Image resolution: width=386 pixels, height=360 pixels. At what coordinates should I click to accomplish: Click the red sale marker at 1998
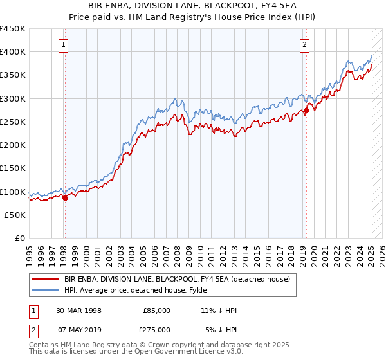[x=65, y=199]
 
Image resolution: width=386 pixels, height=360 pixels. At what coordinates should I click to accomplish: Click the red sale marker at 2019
[x=306, y=111]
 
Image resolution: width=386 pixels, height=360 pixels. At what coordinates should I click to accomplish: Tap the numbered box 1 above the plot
[x=64, y=45]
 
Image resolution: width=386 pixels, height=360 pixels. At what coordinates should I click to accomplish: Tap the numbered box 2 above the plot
[x=304, y=45]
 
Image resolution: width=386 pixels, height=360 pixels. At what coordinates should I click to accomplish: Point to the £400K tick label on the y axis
[x=13, y=52]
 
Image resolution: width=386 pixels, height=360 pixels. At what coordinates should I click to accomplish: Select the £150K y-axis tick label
[x=13, y=168]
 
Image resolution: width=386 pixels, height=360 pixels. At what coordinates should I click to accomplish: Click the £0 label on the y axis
[x=20, y=239]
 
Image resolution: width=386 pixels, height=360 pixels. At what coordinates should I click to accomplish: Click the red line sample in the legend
[x=45, y=279]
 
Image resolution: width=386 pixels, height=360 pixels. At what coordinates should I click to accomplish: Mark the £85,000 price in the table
[x=156, y=310]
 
